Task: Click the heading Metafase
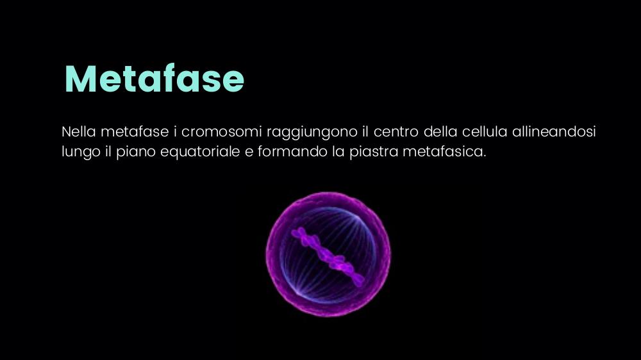(x=154, y=79)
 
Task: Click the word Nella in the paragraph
(x=78, y=131)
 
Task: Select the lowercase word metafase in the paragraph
(x=135, y=131)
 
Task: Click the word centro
(x=395, y=131)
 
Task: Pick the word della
(x=440, y=131)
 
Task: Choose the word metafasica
(x=444, y=152)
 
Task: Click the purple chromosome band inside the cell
(x=328, y=256)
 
